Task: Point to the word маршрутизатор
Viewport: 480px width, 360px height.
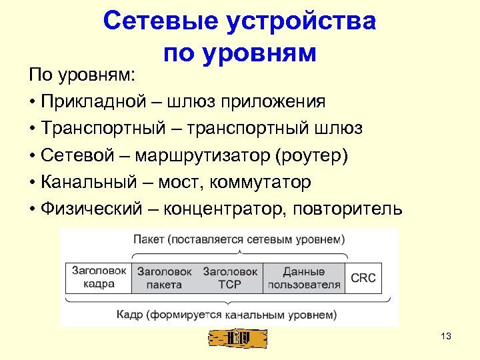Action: pyautogui.click(x=203, y=155)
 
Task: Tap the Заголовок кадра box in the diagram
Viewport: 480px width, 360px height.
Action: pyautogui.click(x=99, y=277)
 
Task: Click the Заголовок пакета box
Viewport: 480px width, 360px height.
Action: pyautogui.click(x=164, y=278)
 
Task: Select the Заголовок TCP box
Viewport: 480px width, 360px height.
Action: pyautogui.click(x=230, y=278)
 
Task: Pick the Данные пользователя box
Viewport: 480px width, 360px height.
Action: pyautogui.click(x=304, y=278)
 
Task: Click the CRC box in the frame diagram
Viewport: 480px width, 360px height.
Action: pyautogui.click(x=363, y=278)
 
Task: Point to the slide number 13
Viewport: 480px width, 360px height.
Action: pyautogui.click(x=447, y=337)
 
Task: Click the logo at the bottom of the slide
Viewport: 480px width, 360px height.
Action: pyautogui.click(x=238, y=339)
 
